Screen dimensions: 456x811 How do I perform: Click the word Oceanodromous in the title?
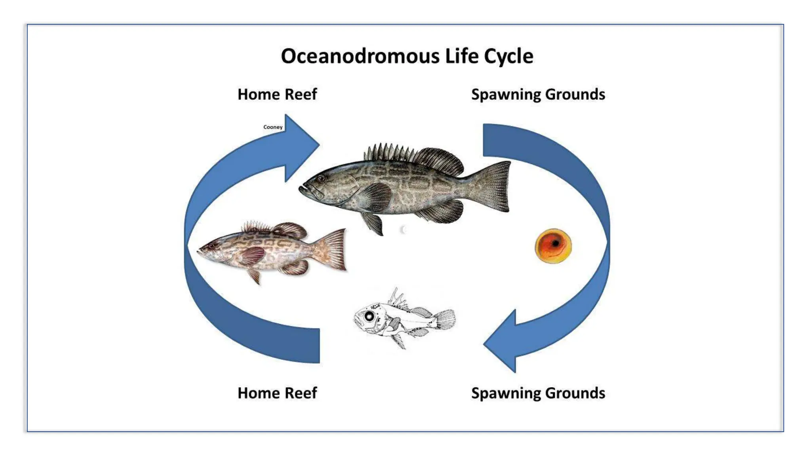[360, 56]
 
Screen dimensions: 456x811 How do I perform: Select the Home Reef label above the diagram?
[277, 95]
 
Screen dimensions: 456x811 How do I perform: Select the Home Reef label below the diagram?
[277, 393]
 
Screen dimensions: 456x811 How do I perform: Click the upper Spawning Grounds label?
[538, 95]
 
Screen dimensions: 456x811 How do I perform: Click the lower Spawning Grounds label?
[538, 393]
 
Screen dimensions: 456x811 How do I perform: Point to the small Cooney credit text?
[273, 127]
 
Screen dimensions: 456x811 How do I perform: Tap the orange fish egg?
[553, 246]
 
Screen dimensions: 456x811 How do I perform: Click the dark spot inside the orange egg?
[556, 243]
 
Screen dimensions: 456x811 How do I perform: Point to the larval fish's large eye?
[369, 316]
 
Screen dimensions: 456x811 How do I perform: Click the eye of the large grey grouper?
[321, 179]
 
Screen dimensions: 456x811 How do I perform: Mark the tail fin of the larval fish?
[445, 319]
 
